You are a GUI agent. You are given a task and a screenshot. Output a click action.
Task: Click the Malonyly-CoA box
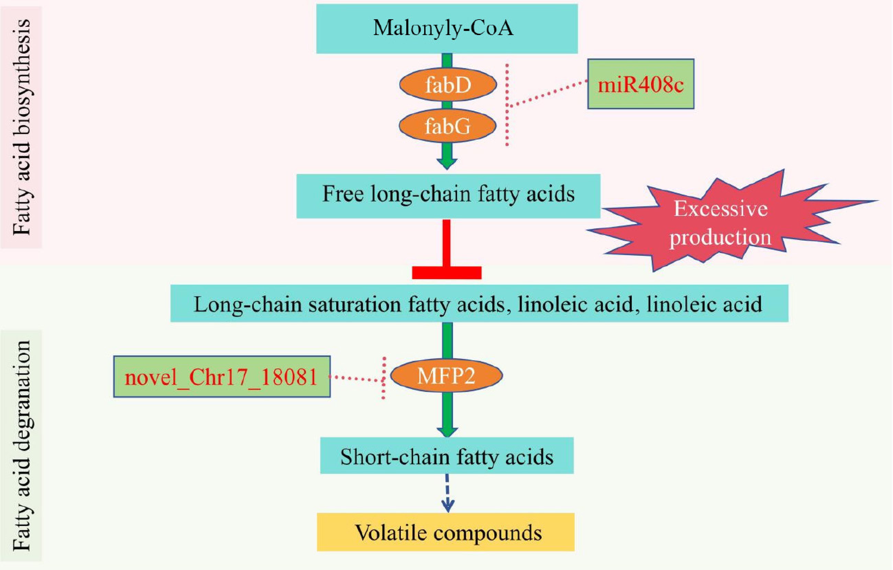pos(447,29)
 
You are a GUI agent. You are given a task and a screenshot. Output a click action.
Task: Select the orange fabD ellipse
pos(448,85)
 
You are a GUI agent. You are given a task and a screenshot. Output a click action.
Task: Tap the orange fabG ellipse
pos(448,126)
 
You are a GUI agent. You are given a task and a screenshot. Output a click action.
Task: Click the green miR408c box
pos(640,84)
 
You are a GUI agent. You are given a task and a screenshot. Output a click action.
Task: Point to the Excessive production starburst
pos(720,223)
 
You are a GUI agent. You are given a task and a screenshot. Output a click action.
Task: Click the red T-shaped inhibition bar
pos(446,256)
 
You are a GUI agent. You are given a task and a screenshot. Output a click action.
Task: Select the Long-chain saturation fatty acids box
pos(479,303)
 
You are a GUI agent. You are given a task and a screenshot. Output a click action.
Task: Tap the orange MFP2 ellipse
pos(446,376)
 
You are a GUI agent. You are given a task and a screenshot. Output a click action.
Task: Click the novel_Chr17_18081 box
pos(222,377)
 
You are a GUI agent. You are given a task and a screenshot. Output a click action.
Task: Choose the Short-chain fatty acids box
pos(447,456)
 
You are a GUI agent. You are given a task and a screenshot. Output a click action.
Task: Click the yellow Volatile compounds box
pos(446,532)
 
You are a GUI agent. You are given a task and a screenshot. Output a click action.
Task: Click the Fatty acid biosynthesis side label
pos(21,127)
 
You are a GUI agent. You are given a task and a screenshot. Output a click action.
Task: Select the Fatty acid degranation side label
pos(21,445)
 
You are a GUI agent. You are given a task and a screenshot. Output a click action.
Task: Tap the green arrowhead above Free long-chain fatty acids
pos(447,164)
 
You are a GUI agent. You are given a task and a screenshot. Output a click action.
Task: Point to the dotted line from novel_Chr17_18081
pos(356,378)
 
